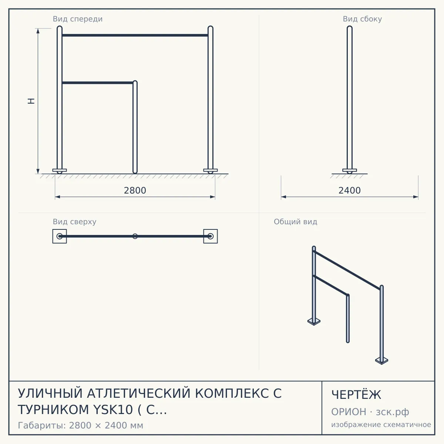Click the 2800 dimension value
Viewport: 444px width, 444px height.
[x=135, y=191]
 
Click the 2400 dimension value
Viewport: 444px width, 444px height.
[x=350, y=191]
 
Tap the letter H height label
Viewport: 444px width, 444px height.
[x=31, y=101]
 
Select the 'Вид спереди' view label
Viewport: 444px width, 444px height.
[x=78, y=19]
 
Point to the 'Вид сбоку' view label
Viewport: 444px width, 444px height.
[x=362, y=19]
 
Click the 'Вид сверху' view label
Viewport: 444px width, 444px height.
[x=74, y=222]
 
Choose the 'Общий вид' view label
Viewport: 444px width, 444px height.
[x=295, y=222]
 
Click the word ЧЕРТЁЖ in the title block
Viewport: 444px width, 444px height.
[x=356, y=395]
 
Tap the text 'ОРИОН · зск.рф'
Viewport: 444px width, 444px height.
[x=370, y=412]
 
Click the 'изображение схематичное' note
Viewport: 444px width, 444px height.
[x=381, y=425]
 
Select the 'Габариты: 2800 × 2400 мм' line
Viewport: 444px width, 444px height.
[x=80, y=425]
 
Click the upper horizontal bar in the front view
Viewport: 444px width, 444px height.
[x=135, y=35]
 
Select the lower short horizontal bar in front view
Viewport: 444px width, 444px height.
[x=98, y=83]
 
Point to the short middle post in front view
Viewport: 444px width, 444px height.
[x=135, y=127]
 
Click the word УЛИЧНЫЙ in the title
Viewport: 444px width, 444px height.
[x=50, y=393]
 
